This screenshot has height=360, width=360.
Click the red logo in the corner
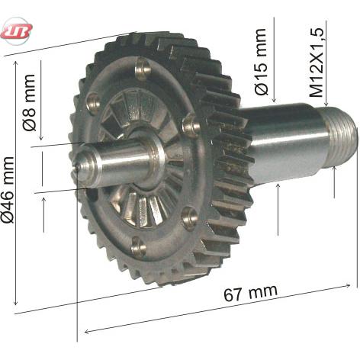click(x=17, y=31)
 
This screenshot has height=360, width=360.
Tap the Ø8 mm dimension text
click(x=29, y=102)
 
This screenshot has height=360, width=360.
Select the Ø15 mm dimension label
click(x=261, y=62)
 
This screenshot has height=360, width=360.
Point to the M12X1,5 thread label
click(x=317, y=62)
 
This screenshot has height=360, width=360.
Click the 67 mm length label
click(x=250, y=293)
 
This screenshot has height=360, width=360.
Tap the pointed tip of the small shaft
click(x=76, y=166)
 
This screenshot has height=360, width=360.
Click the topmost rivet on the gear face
click(x=142, y=68)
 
